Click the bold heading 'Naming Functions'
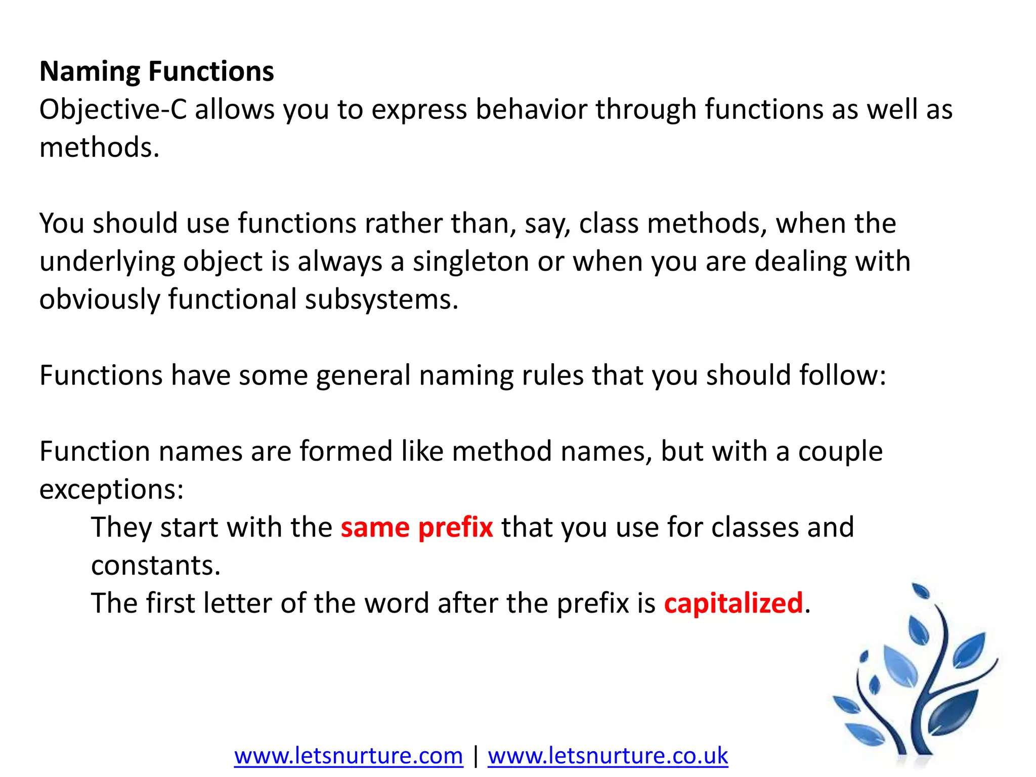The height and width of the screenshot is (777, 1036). click(x=157, y=71)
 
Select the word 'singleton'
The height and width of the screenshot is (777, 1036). click(x=470, y=262)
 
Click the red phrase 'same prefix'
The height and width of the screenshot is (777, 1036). click(x=416, y=528)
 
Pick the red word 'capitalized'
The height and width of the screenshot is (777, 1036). click(x=733, y=603)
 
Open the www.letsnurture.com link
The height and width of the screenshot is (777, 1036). click(x=349, y=756)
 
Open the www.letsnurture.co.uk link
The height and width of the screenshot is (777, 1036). click(x=608, y=756)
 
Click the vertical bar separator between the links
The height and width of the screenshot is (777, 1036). click(x=476, y=756)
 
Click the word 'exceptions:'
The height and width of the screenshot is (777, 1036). click(x=111, y=490)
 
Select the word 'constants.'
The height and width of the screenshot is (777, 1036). click(x=156, y=566)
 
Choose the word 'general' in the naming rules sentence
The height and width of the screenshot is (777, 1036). click(x=363, y=375)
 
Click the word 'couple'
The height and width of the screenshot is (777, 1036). click(x=840, y=451)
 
